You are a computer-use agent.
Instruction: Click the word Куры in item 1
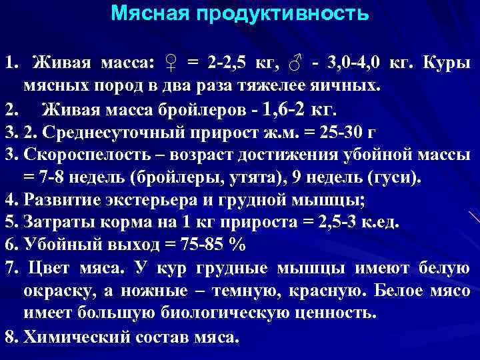(448, 63)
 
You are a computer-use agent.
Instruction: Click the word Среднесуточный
(111, 132)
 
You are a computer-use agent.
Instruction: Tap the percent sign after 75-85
(236, 245)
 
